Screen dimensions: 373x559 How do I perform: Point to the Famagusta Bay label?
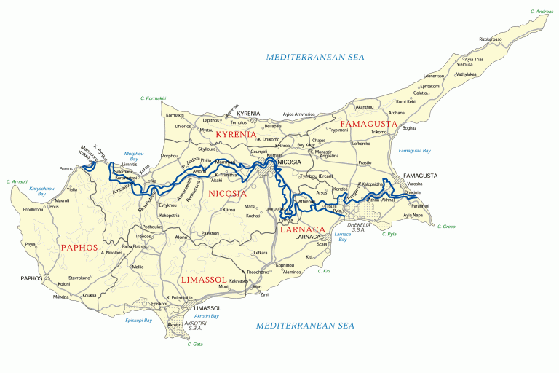tap(415, 151)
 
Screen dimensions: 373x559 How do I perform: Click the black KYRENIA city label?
tap(248, 114)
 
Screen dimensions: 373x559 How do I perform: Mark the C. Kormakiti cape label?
tap(153, 98)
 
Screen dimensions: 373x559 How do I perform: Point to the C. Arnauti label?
tap(17, 181)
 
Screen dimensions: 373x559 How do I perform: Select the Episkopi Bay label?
tap(138, 320)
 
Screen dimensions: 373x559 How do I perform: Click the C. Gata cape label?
tap(195, 343)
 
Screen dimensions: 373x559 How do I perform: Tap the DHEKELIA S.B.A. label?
tap(360, 227)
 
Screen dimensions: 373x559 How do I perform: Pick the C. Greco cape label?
tap(446, 227)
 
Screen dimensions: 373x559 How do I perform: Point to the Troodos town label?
tap(143, 237)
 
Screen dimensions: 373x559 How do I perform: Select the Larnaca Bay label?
tap(342, 237)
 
